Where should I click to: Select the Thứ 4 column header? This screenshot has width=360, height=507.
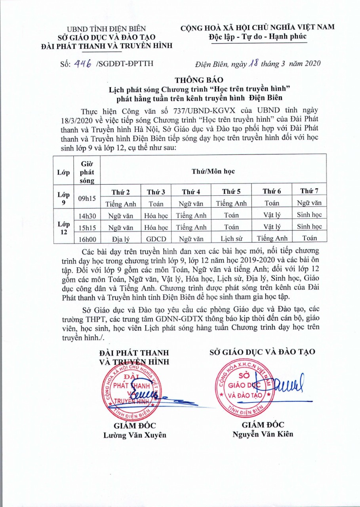coord(191,192)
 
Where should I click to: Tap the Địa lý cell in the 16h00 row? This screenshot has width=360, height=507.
coord(121,238)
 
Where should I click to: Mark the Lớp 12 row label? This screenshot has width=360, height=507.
coord(63,227)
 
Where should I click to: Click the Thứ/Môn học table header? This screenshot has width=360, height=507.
coord(213,172)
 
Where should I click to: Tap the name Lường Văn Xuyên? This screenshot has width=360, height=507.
coord(135,435)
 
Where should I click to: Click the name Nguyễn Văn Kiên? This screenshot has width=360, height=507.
coord(263,434)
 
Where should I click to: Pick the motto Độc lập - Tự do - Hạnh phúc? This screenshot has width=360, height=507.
coord(257,36)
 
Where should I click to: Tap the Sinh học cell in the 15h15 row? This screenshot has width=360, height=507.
coord(309,227)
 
